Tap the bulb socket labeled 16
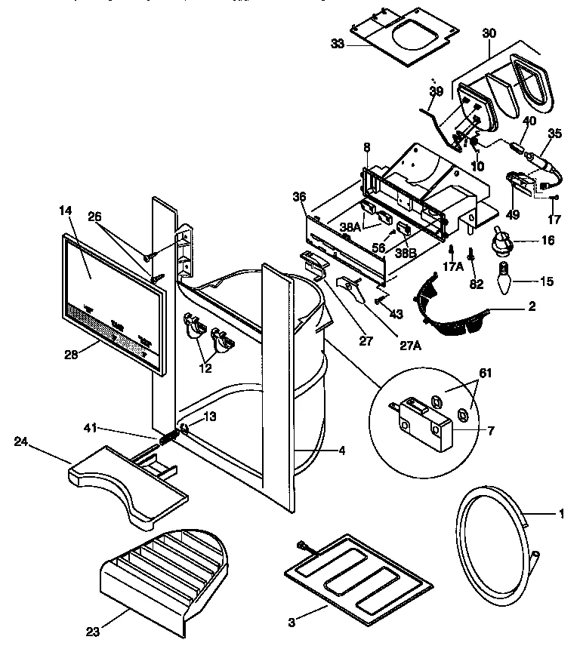pos(501,241)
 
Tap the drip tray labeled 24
pos(128,487)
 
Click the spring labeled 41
pos(168,437)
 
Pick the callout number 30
pos(489,34)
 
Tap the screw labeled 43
pos(377,301)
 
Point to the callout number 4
pos(341,451)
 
